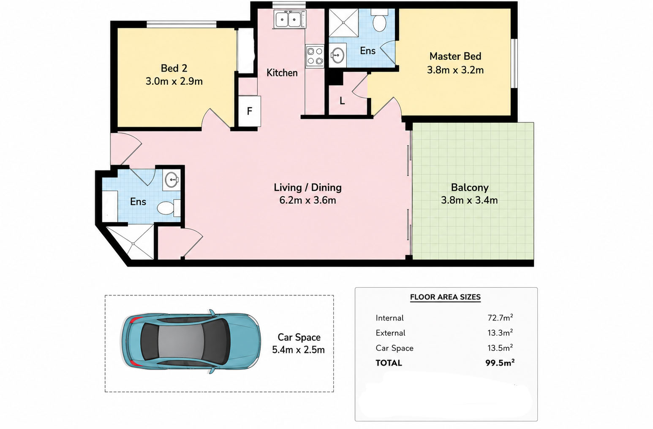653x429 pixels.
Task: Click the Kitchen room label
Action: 282,73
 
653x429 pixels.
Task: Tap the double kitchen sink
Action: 289,19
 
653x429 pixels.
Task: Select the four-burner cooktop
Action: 315,56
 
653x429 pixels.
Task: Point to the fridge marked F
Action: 250,111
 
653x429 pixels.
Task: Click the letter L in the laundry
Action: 342,101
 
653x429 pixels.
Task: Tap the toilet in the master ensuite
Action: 379,20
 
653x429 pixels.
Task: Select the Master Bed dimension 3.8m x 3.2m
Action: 455,70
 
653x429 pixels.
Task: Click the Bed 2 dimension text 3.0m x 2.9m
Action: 174,81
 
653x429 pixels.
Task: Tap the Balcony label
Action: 470,187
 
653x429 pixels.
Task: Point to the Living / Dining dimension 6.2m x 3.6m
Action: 307,200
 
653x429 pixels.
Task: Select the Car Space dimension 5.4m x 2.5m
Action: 298,350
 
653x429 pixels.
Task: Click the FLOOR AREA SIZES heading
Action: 445,297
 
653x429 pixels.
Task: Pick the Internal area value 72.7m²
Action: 500,318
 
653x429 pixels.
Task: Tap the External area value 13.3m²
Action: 500,333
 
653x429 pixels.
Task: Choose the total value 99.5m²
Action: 500,363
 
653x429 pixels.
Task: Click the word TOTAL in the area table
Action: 389,363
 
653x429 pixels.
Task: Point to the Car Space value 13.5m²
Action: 500,348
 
